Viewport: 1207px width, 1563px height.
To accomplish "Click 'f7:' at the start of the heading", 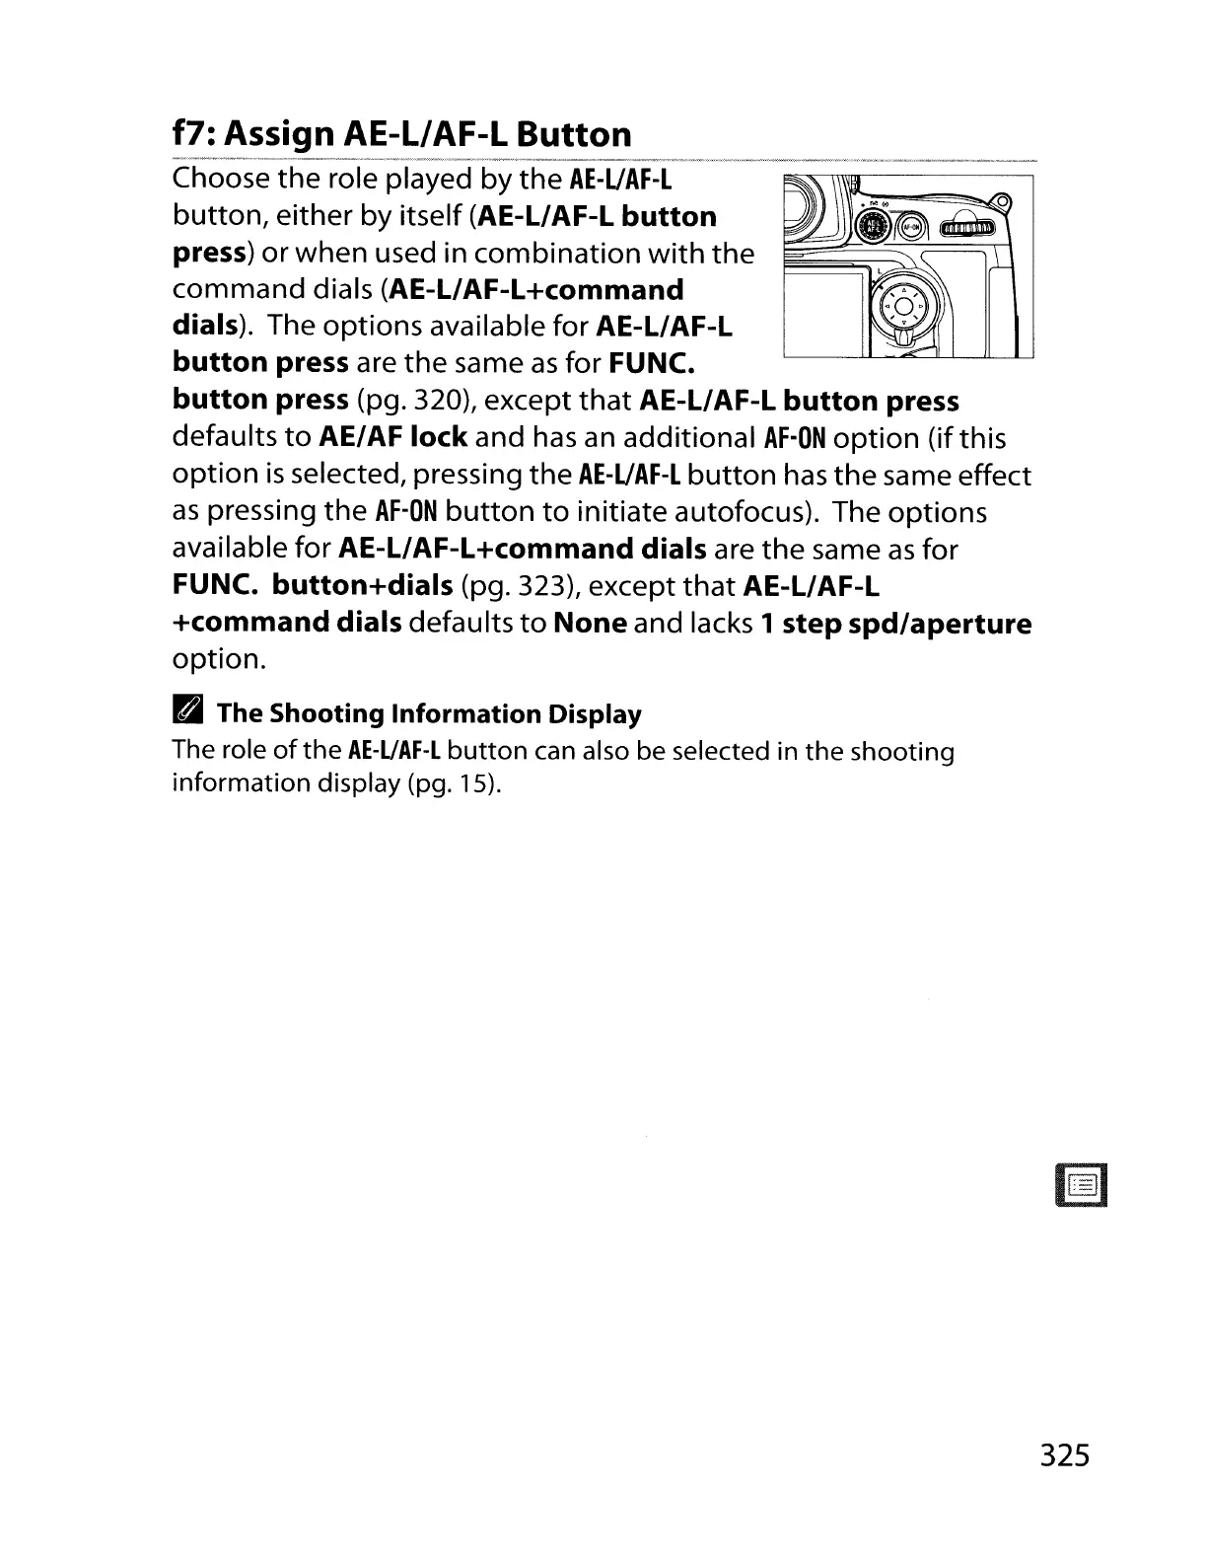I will [194, 133].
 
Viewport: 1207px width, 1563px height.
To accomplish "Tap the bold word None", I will [591, 624].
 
